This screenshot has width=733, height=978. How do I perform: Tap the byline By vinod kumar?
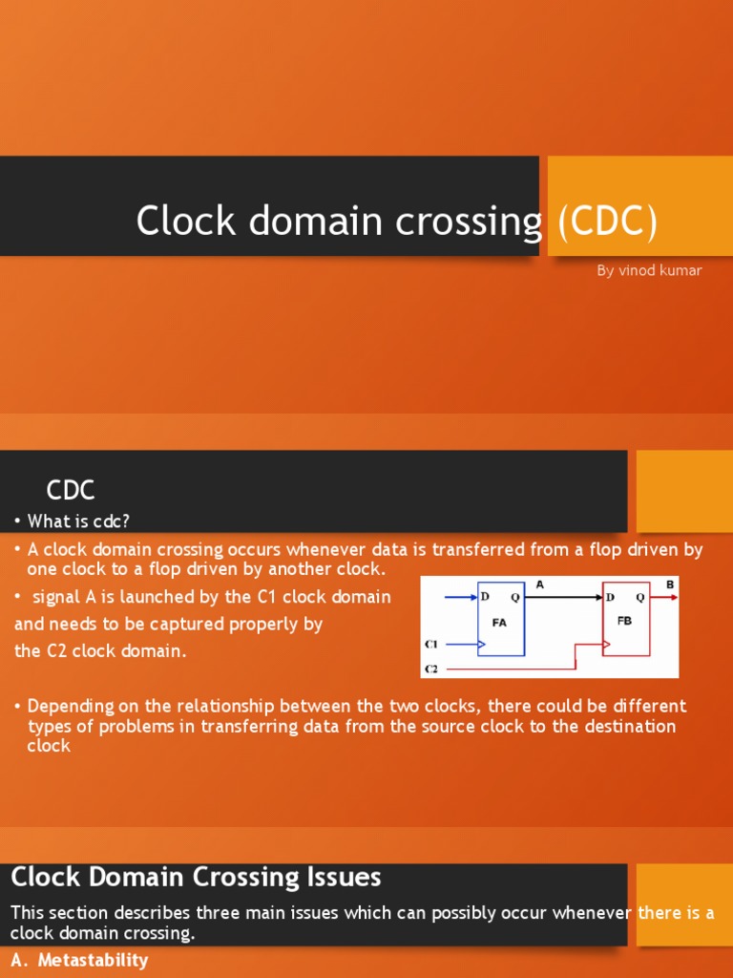pos(649,270)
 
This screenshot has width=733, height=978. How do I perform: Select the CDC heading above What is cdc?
pos(71,491)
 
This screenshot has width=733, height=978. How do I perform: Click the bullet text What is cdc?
pos(78,521)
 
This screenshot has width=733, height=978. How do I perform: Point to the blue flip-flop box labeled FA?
pos(500,619)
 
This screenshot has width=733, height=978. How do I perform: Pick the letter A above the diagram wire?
pos(540,584)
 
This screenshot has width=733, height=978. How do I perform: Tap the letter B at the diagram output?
pos(669,584)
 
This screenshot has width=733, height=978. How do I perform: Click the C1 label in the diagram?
pos(431,646)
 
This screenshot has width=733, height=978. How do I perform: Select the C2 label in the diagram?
pos(431,669)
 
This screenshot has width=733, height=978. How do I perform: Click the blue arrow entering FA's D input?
pos(459,598)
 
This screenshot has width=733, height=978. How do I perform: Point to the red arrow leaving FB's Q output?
pos(665,598)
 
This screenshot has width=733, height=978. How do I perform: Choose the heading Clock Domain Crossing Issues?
pos(196,877)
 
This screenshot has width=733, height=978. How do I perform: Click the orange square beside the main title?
pos(639,206)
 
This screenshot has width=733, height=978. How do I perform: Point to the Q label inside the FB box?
pos(639,598)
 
